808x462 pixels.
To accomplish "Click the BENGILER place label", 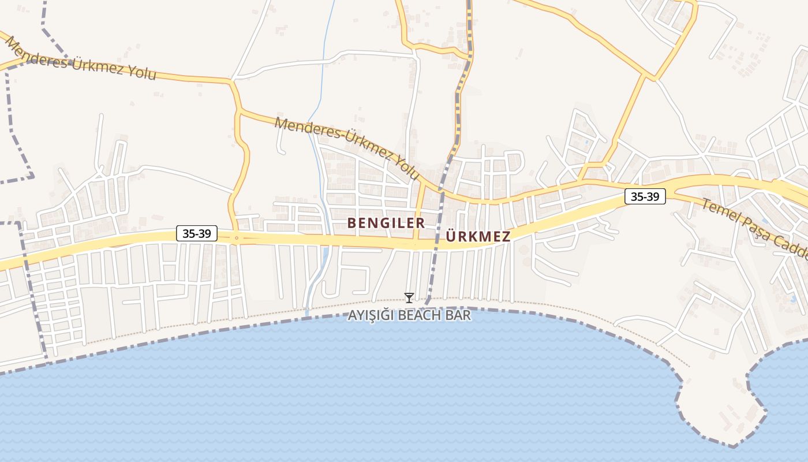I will tap(386, 223).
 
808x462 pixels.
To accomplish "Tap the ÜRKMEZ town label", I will tap(478, 237).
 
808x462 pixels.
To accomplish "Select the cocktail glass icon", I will tap(409, 298).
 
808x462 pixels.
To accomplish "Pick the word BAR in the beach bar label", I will tap(459, 316).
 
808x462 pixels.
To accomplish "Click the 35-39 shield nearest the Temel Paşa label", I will tap(645, 197).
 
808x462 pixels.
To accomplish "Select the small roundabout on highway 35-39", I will tap(237, 237).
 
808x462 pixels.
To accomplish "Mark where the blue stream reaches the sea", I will tap(308, 315).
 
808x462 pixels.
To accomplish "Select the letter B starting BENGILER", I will tap(351, 223).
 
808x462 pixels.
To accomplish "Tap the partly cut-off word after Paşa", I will tap(794, 248).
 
